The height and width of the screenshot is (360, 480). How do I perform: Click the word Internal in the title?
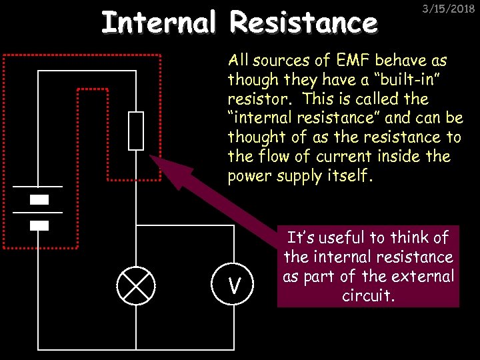click(159, 22)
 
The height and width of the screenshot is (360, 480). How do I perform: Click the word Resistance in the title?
click(303, 22)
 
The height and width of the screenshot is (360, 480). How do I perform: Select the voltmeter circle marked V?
click(234, 286)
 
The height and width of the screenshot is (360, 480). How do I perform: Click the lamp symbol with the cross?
click(136, 286)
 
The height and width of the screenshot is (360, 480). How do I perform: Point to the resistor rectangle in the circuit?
click(136, 131)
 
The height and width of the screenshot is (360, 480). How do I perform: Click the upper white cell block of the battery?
click(39, 199)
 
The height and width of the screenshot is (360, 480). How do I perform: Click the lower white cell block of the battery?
click(39, 225)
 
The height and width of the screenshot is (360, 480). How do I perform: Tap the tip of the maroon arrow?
click(151, 157)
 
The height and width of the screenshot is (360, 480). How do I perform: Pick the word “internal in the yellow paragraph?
click(255, 118)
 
